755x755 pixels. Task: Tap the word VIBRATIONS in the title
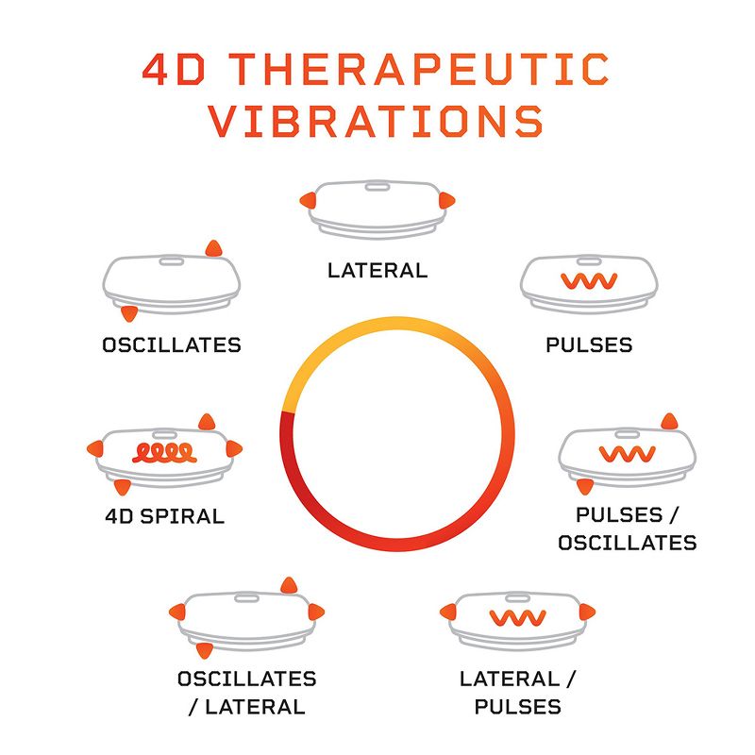click(377, 123)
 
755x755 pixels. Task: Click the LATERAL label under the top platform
click(377, 271)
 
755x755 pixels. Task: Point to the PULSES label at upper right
click(589, 344)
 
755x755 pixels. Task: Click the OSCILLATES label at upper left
click(172, 344)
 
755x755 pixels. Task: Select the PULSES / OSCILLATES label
click(627, 528)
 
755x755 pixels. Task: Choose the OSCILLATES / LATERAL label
click(247, 692)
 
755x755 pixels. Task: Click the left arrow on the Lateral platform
click(307, 199)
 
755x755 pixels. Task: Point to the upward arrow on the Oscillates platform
click(214, 248)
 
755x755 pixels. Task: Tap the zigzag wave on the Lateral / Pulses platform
click(517, 618)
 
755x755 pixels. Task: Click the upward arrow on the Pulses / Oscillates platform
click(669, 421)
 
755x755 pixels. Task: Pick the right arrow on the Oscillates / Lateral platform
click(318, 612)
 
